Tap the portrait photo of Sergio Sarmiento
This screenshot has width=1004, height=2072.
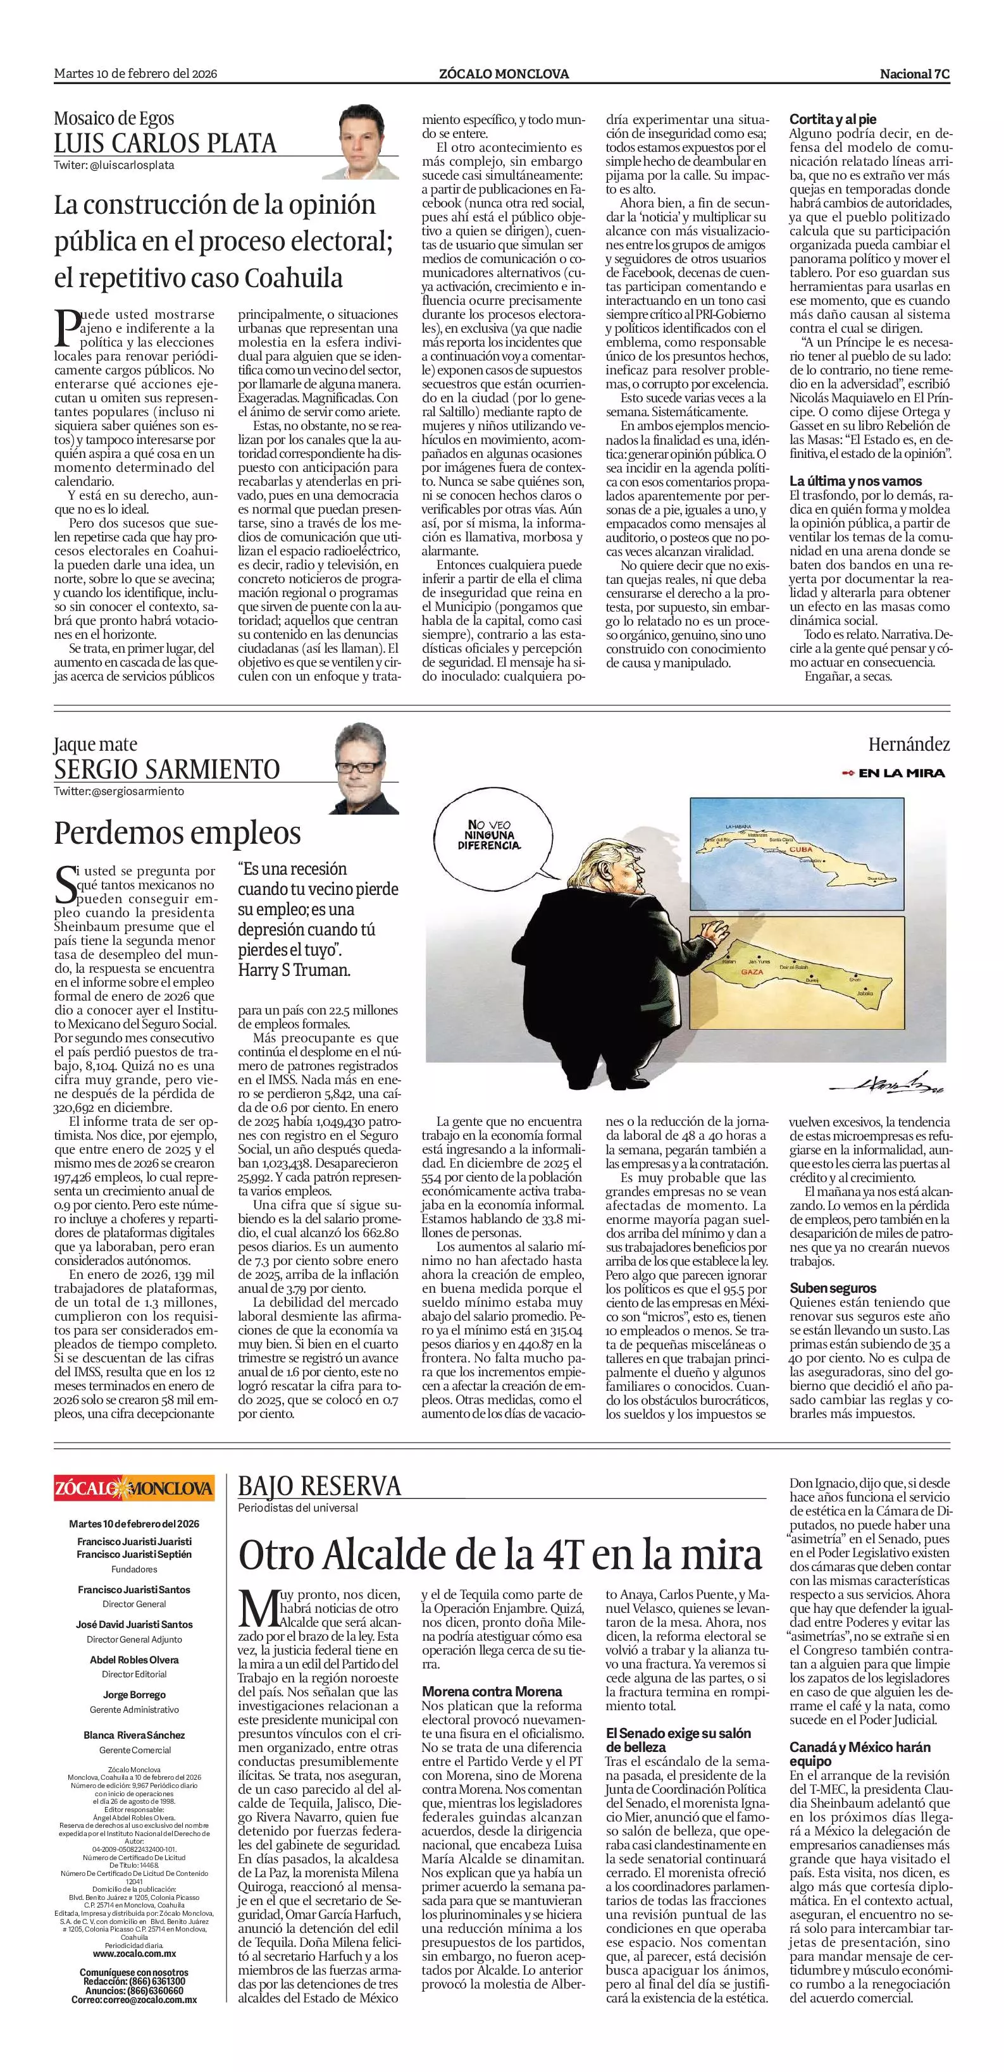click(x=366, y=768)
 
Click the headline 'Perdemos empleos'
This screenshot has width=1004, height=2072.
click(x=177, y=832)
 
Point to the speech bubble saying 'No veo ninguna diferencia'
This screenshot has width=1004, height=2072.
click(x=489, y=835)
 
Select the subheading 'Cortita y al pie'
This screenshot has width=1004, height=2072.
click(x=832, y=118)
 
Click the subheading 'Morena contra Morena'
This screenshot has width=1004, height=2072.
click(x=492, y=1691)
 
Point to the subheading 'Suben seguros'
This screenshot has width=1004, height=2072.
click(x=833, y=1288)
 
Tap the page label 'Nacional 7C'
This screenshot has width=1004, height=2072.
click(x=915, y=74)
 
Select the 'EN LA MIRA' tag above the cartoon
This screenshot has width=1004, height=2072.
click(x=895, y=773)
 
